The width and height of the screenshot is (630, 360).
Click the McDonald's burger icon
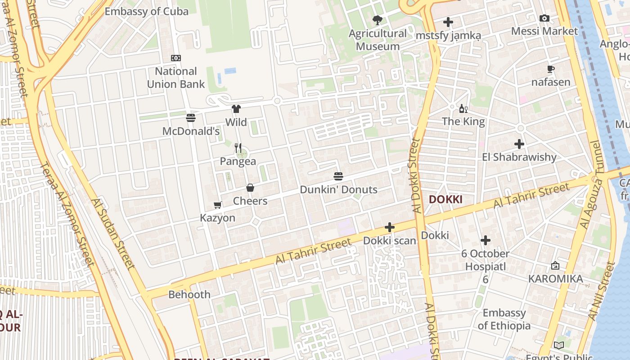(191, 118)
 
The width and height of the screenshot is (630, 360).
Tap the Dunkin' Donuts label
(338, 189)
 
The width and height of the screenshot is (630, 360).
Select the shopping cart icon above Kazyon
(217, 205)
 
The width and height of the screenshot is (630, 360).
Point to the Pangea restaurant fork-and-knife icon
(238, 148)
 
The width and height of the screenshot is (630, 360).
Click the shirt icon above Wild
(236, 108)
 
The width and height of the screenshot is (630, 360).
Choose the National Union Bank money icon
(176, 58)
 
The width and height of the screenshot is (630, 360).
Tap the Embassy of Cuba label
(146, 11)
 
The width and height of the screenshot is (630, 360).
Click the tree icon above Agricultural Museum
(378, 20)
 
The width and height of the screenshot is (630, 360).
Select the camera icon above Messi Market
(544, 18)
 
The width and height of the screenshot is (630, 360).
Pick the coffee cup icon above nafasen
(550, 69)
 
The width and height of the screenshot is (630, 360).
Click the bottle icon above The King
(463, 108)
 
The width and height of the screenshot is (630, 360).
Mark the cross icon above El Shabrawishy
(519, 144)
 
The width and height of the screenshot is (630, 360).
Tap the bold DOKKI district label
(445, 199)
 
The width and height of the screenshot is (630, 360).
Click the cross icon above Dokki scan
(390, 228)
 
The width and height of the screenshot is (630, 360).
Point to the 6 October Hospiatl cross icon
(485, 240)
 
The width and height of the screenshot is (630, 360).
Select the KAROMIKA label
(555, 279)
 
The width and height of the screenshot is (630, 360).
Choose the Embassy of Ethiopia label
(504, 319)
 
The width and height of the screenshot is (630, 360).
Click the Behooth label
(189, 295)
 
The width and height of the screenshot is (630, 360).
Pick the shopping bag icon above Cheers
(250, 188)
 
